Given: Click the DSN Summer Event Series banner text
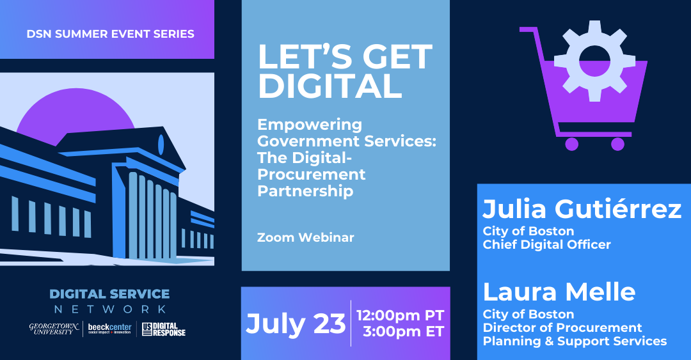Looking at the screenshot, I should pyautogui.click(x=111, y=34).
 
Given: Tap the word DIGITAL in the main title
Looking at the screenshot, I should pyautogui.click(x=330, y=86).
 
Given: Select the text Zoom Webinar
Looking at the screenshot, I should pyautogui.click(x=305, y=237).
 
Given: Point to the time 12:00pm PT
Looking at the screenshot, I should pyautogui.click(x=400, y=315).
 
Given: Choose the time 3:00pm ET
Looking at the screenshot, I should pyautogui.click(x=403, y=333).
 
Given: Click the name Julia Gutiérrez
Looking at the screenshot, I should pyautogui.click(x=582, y=209).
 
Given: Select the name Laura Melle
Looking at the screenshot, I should pyautogui.click(x=559, y=292).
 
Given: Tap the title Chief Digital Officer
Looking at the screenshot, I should pyautogui.click(x=546, y=244).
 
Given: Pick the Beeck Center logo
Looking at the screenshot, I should pyautogui.click(x=109, y=329).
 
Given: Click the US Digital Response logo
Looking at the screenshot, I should pyautogui.click(x=164, y=329).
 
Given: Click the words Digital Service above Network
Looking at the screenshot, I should pyautogui.click(x=109, y=295).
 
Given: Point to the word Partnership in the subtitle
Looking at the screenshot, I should pyautogui.click(x=305, y=191).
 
